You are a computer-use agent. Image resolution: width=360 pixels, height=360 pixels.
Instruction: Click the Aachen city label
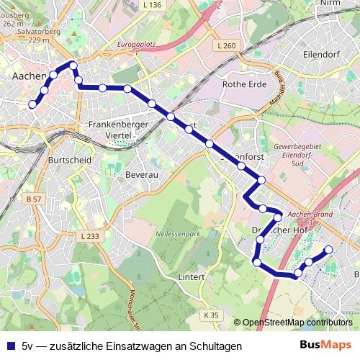pos(28,75)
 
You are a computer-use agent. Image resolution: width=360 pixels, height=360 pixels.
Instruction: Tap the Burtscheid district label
pos(66,160)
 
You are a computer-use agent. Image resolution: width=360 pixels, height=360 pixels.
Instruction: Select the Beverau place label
pos(140,174)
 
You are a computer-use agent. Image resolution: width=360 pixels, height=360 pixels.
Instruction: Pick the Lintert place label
pos(190,276)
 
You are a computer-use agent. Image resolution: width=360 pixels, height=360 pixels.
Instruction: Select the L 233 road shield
pos(90,235)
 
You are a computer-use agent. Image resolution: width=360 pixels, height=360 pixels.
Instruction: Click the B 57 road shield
pos(33,198)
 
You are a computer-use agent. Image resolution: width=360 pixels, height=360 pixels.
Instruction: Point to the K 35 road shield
pos(210,315)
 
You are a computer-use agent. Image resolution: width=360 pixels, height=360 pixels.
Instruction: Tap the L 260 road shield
pos(225,46)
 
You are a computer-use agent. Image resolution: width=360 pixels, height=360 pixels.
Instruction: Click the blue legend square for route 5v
pos(9,346)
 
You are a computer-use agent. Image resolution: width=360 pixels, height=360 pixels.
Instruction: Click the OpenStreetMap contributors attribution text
pos(297,323)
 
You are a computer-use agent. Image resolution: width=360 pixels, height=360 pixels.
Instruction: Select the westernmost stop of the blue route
pos(32,104)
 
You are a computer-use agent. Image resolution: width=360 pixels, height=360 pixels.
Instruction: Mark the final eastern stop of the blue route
pos(329,250)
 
